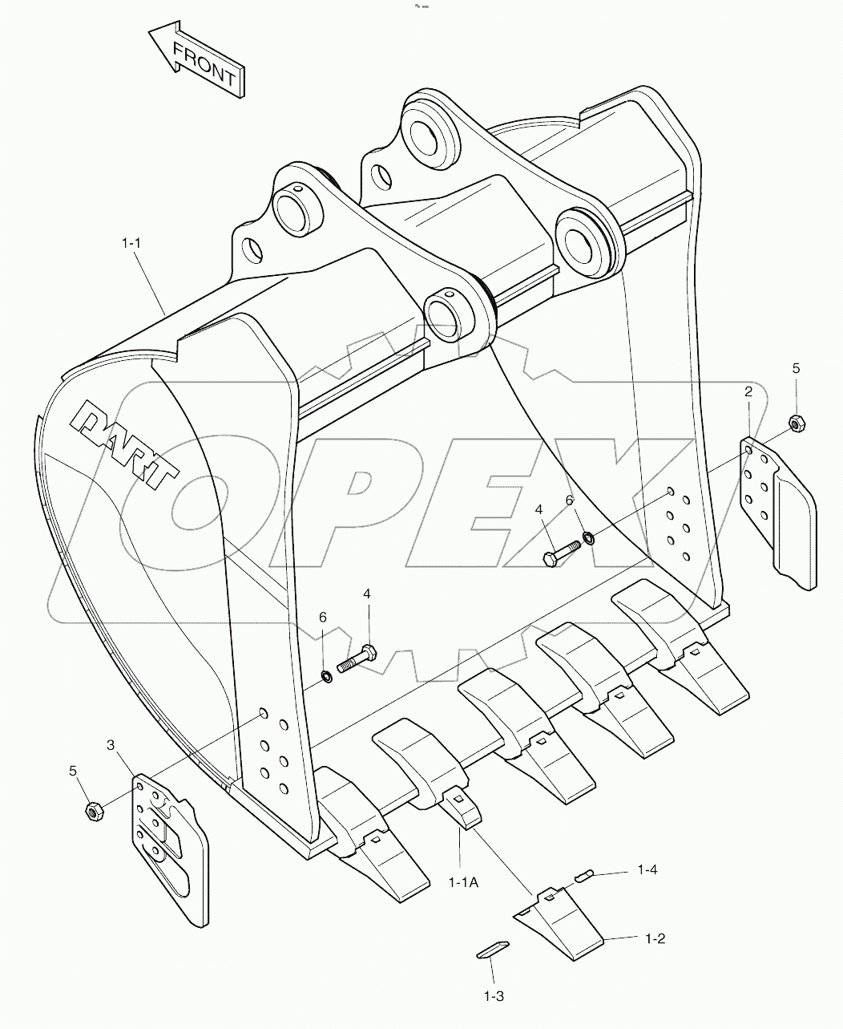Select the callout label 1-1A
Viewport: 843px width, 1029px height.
pos(462,882)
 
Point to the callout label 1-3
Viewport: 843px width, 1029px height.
pos(493,995)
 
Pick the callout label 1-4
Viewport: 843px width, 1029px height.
pos(647,869)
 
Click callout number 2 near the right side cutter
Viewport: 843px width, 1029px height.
pos(748,391)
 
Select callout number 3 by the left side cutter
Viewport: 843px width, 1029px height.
pos(111,745)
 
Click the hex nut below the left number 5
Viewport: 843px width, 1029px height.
pos(92,812)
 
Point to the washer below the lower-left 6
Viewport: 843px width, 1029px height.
pos(327,677)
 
